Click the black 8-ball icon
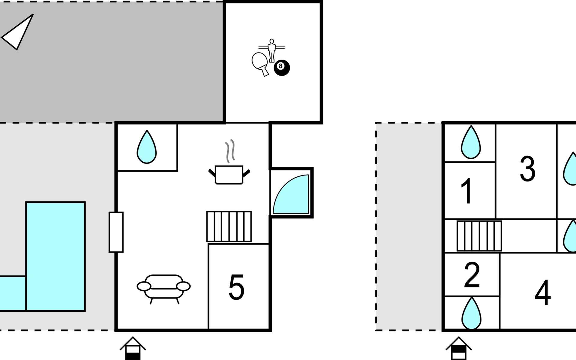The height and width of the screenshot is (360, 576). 282,67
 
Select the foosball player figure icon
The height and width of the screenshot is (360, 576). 271,50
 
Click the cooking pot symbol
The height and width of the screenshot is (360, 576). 229,175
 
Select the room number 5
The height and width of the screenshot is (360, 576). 236,287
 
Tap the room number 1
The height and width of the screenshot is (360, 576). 467,191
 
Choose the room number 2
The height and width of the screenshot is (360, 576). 472,275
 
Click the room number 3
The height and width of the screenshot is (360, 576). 527,169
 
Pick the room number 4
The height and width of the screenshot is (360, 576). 543,292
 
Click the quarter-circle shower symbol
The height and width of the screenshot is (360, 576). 291,194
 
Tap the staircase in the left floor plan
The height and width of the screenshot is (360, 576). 229,226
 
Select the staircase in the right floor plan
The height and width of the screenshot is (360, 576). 479,236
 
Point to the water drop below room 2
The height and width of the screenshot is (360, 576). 471,313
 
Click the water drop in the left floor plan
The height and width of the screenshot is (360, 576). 147,147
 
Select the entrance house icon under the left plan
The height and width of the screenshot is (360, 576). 133,349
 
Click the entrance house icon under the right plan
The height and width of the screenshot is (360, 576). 458,349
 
